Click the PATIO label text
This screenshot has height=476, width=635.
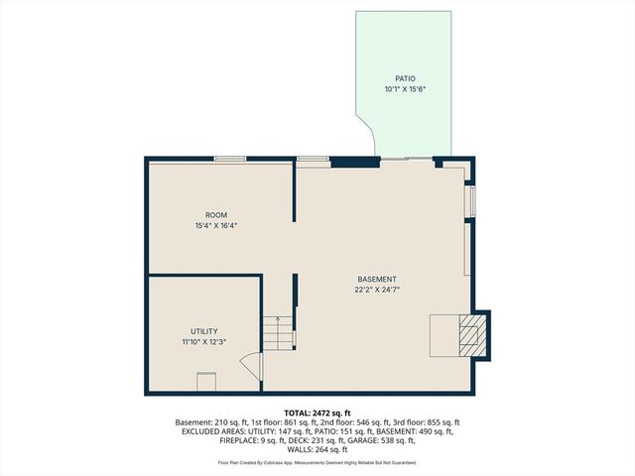point(404,78)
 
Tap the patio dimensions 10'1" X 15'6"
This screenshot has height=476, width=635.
point(404,89)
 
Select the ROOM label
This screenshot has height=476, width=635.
point(216,215)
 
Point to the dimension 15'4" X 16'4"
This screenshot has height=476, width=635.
point(216,226)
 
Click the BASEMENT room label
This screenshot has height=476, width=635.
point(377,280)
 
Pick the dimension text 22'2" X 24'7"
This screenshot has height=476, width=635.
point(377,291)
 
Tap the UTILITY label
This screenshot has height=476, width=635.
point(204,331)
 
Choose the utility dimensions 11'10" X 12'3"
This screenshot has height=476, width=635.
point(204,342)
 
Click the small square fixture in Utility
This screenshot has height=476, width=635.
point(206,381)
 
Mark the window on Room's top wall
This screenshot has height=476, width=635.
point(231,159)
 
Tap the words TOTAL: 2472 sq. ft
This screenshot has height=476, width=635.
point(317,413)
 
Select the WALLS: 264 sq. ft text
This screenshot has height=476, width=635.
point(317,449)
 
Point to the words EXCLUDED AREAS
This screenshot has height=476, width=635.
point(214,431)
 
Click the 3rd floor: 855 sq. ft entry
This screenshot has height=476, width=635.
point(428,422)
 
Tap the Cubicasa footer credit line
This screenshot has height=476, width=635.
point(317,462)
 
